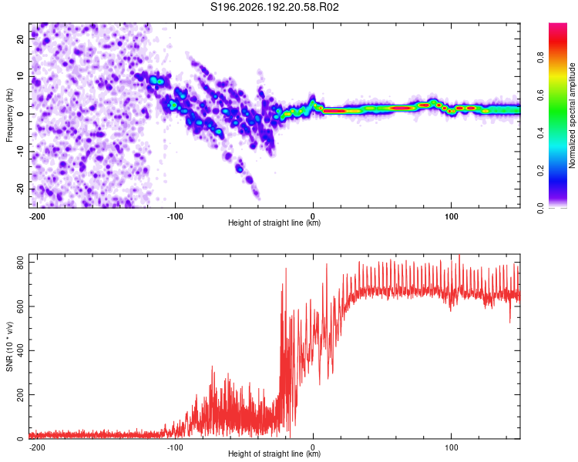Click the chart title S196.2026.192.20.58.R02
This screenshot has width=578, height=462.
(274, 7)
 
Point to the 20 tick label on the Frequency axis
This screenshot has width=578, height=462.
(20, 39)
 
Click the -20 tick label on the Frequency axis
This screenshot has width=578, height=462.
(20, 189)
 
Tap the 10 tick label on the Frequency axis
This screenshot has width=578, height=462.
(20, 76)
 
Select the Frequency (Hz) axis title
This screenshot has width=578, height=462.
(9, 115)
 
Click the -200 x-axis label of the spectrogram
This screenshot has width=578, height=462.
(37, 216)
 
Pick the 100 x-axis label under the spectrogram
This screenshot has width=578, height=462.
(451, 216)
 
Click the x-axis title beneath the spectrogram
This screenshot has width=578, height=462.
(274, 223)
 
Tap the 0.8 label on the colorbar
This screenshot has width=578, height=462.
(540, 58)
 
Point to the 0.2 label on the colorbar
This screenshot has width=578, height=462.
(540, 171)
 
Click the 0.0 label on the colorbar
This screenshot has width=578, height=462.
(540, 209)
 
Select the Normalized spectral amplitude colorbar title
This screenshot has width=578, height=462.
(572, 115)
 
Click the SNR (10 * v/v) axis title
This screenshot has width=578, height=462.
(9, 346)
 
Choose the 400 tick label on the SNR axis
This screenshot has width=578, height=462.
(20, 350)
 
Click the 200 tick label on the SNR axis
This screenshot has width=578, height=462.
(20, 394)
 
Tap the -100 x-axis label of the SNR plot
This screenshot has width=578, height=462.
(175, 447)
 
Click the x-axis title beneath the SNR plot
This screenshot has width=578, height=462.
(274, 454)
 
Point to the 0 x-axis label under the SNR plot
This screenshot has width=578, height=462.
(313, 447)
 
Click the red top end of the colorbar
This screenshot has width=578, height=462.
(558, 25)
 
